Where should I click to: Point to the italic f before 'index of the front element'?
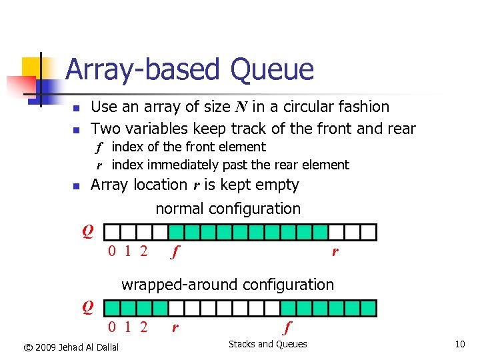click(x=99, y=147)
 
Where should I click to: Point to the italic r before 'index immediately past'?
click(x=99, y=165)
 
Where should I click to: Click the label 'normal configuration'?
click(x=228, y=209)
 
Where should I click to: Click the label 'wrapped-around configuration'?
click(x=227, y=285)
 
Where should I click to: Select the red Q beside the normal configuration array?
click(x=87, y=231)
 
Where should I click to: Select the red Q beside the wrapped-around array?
click(x=87, y=307)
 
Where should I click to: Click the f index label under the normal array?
click(x=175, y=252)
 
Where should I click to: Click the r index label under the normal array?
click(x=335, y=252)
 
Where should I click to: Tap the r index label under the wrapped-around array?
click(x=175, y=327)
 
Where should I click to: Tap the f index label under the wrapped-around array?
click(x=287, y=327)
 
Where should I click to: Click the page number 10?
click(x=459, y=344)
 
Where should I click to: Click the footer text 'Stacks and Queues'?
click(x=268, y=344)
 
